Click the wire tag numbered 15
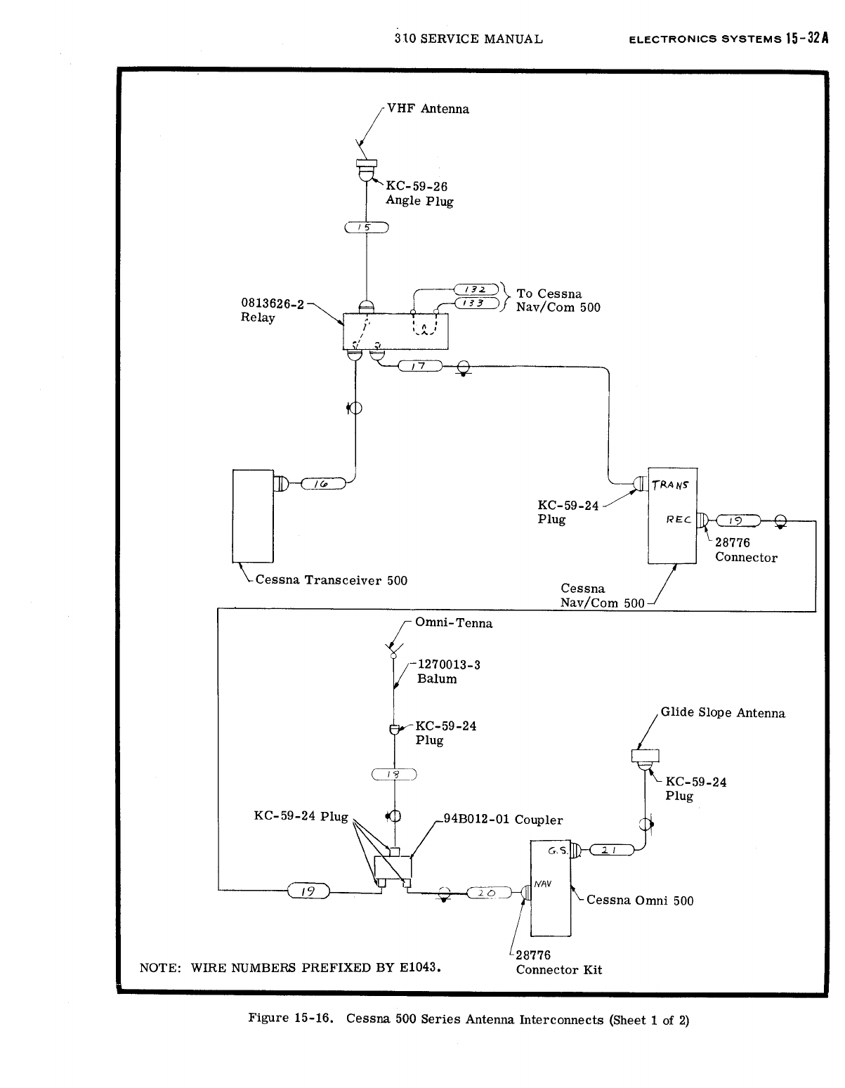click(367, 227)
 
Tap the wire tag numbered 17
click(419, 365)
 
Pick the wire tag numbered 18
click(395, 775)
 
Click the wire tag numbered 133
click(477, 303)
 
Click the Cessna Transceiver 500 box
click(253, 516)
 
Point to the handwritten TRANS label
click(672, 485)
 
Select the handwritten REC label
click(679, 520)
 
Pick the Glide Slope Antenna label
click(723, 713)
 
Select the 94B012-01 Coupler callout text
click(503, 820)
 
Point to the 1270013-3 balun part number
click(449, 664)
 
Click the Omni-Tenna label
click(454, 623)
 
